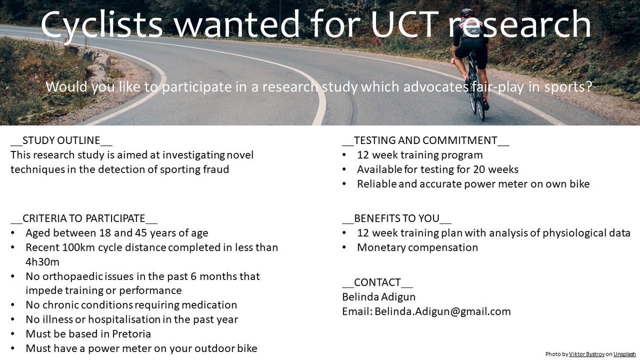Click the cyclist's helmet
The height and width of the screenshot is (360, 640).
pos(467,12)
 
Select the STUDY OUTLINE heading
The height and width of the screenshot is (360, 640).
pos(62,141)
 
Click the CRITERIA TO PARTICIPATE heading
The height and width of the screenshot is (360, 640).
pos(84,218)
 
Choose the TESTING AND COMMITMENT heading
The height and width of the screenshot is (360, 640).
pos(426,141)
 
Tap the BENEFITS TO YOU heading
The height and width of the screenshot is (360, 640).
pos(397,218)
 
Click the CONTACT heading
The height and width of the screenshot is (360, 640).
pos(378,282)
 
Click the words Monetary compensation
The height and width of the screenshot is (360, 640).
pos(418,247)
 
